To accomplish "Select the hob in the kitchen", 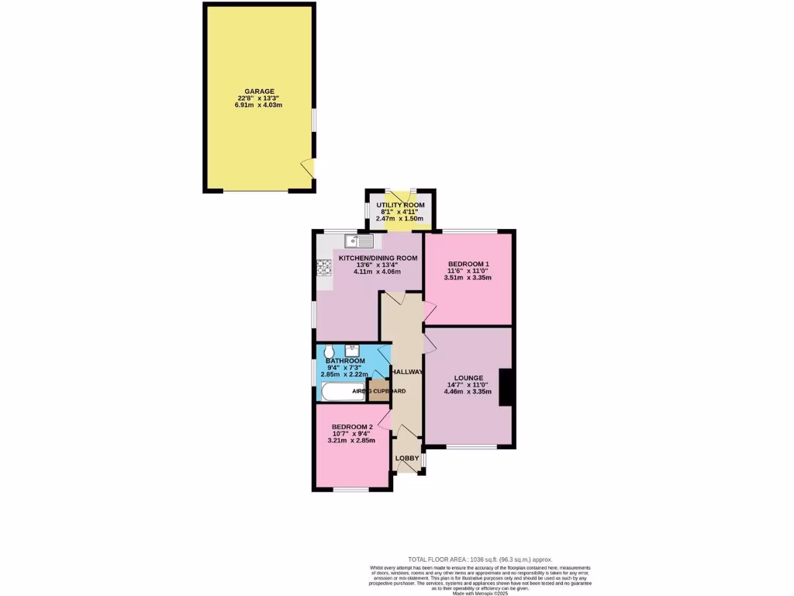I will (323, 269).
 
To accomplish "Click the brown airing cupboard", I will (376, 390).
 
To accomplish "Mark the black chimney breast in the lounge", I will (506, 387).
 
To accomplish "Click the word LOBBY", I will (407, 458).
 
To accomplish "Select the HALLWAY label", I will (407, 372).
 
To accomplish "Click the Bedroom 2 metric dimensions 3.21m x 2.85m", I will (351, 441).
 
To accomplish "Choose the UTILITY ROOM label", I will (400, 205).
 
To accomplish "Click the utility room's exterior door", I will (400, 195).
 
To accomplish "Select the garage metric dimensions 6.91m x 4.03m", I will (258, 105).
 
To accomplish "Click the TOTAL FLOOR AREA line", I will (480, 559).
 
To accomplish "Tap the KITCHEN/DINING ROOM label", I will (378, 258).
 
